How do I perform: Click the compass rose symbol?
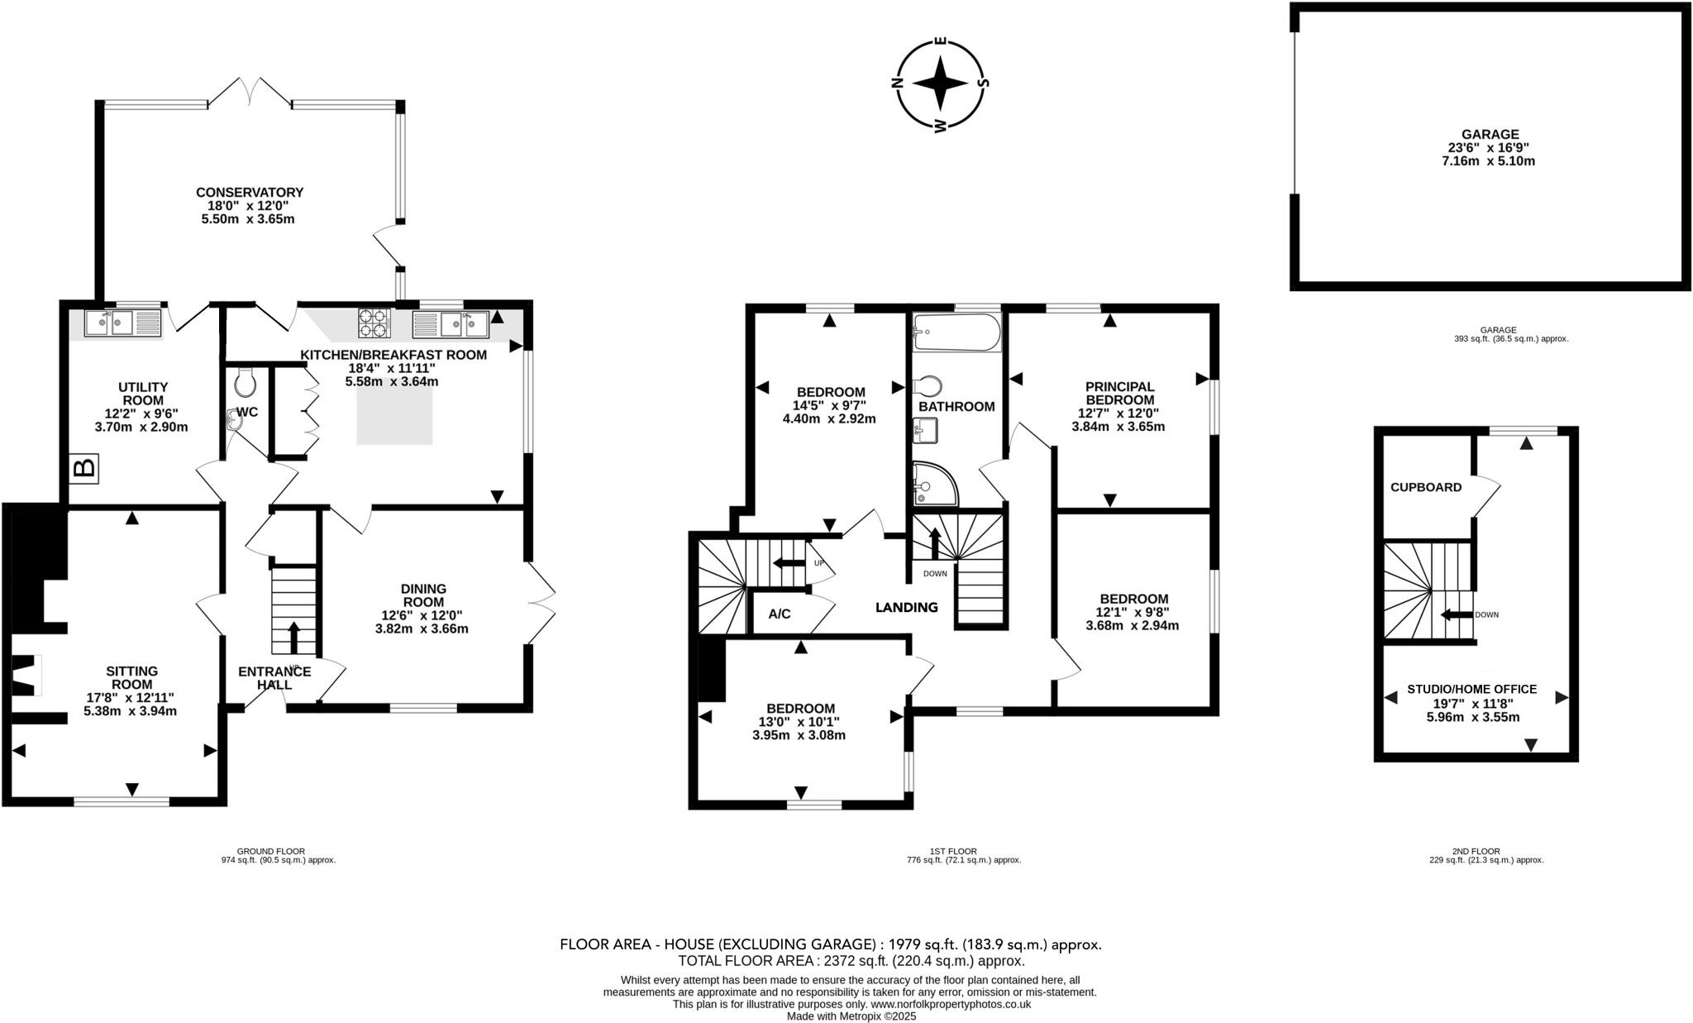coord(940,83)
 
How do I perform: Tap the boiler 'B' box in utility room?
coord(83,468)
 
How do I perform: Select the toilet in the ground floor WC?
coord(246,383)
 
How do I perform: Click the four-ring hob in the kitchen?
coord(373,323)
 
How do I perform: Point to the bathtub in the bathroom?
coord(956,332)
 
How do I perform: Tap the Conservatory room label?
coord(249,193)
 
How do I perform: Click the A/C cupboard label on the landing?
coord(780,614)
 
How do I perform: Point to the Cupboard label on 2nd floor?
coord(1425,487)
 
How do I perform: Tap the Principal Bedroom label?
coord(1119,393)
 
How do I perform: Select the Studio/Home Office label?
coord(1471,689)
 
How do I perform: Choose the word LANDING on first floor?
coord(907,607)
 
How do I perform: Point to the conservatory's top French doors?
coord(250,92)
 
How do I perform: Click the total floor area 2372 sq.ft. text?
coord(851,961)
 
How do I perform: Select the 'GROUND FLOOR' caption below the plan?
coord(270,851)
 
